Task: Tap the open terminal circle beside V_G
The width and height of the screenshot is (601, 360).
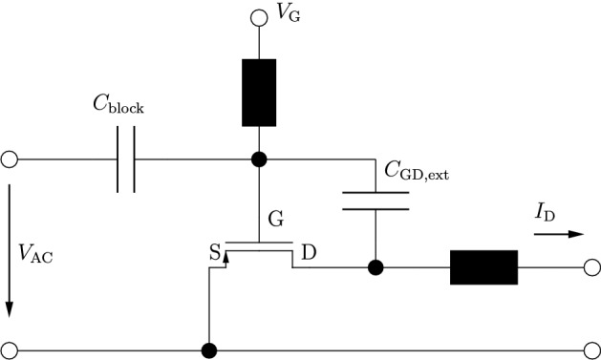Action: click(x=256, y=17)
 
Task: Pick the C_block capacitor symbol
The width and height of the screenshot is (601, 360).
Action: click(x=126, y=159)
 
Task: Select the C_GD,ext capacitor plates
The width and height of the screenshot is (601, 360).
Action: click(x=376, y=200)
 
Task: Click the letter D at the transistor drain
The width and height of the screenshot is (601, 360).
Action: click(x=310, y=252)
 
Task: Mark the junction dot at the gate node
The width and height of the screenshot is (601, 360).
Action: click(x=256, y=159)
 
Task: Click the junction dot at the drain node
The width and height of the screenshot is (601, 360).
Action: click(x=376, y=268)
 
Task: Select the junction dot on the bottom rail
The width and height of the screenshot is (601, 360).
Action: click(x=207, y=349)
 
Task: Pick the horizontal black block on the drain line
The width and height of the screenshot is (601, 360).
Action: click(x=483, y=268)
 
